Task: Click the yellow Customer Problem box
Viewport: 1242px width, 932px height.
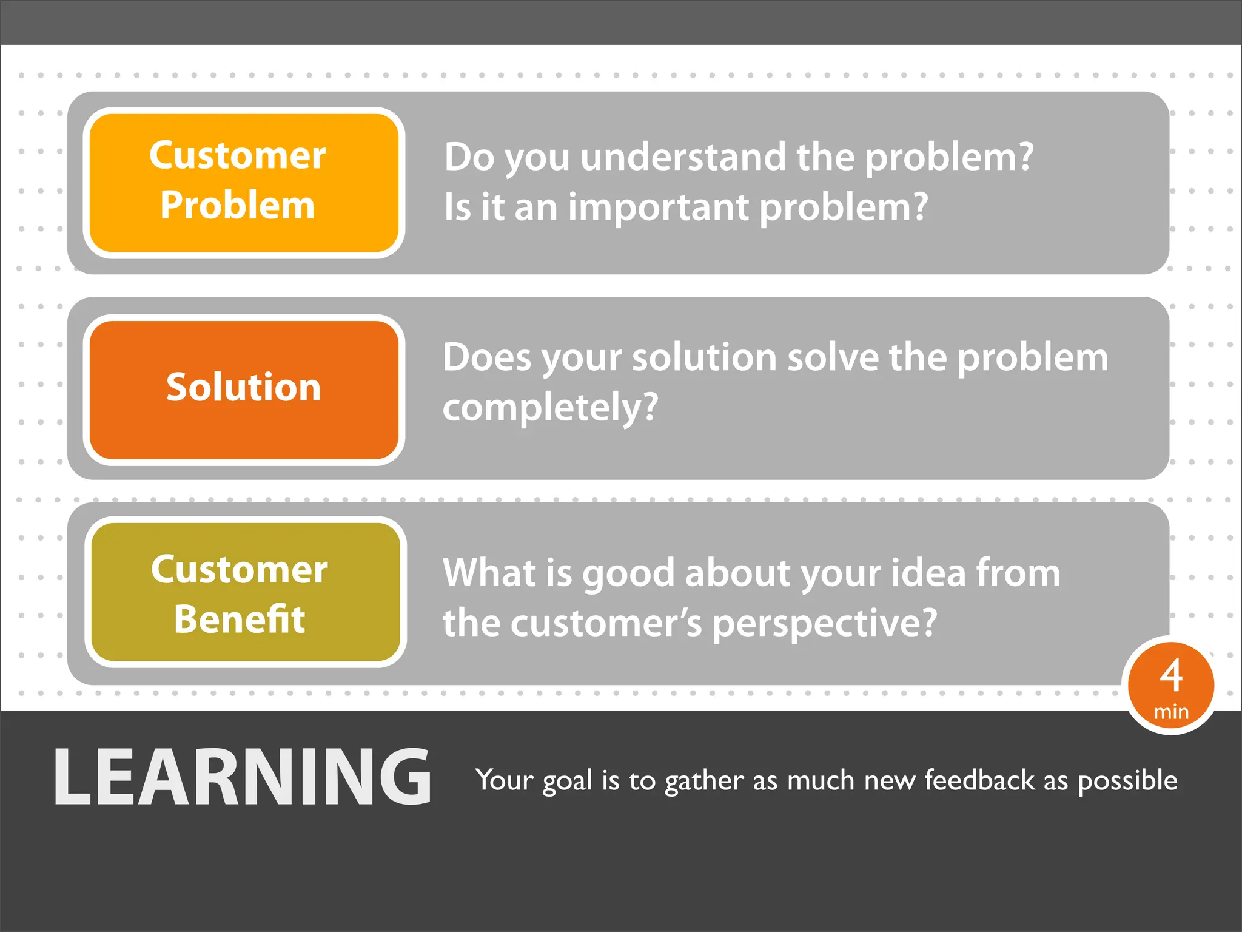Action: [x=244, y=182]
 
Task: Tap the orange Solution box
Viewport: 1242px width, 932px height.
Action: [x=244, y=388]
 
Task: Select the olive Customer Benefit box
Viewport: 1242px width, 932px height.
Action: [x=245, y=592]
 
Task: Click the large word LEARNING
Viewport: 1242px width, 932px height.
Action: [x=243, y=778]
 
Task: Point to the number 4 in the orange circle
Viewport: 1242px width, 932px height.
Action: [x=1171, y=675]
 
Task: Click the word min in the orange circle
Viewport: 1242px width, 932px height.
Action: [x=1171, y=712]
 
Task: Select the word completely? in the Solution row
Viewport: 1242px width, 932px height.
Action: [x=550, y=408]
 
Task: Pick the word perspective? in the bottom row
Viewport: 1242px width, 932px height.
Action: [x=824, y=624]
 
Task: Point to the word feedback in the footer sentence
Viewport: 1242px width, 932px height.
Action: [x=979, y=780]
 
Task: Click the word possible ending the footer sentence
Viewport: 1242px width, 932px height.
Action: [x=1127, y=781]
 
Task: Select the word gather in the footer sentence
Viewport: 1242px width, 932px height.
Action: [x=703, y=781]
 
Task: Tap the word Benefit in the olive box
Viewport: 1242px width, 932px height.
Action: [x=240, y=620]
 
